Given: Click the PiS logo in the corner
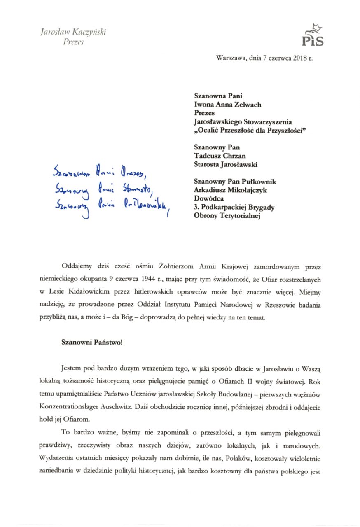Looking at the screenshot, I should (313, 36).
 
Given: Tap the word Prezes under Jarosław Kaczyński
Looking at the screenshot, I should (73, 42).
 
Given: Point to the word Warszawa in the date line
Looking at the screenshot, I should (229, 58).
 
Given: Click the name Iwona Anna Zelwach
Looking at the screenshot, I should (228, 105).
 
